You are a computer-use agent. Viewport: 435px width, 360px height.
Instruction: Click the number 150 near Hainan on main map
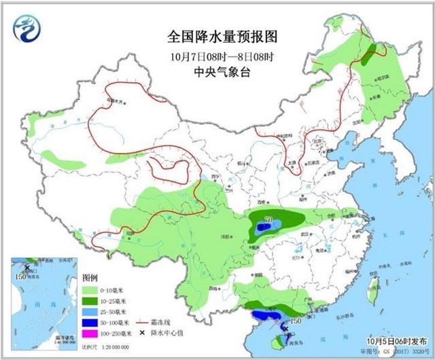pos(294,321)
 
